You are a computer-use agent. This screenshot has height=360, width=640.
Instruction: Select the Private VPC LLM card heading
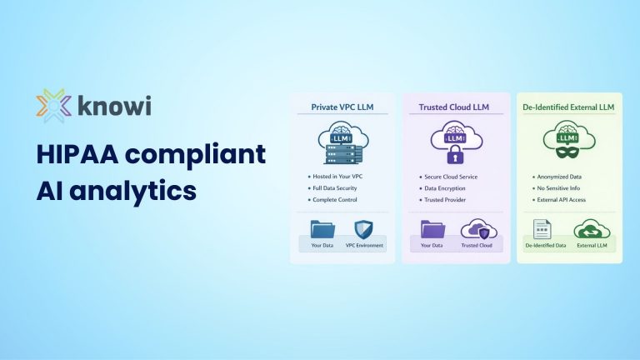pyautogui.click(x=342, y=107)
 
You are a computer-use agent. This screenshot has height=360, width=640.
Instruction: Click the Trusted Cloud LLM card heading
pyautogui.click(x=455, y=107)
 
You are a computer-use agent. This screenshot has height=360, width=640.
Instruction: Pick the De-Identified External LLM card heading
pyautogui.click(x=569, y=107)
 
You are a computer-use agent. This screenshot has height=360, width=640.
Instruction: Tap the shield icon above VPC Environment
pyautogui.click(x=364, y=229)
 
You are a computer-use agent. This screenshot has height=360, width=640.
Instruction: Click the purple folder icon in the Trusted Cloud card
pyautogui.click(x=432, y=229)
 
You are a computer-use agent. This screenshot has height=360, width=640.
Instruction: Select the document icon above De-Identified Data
pyautogui.click(x=542, y=229)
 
